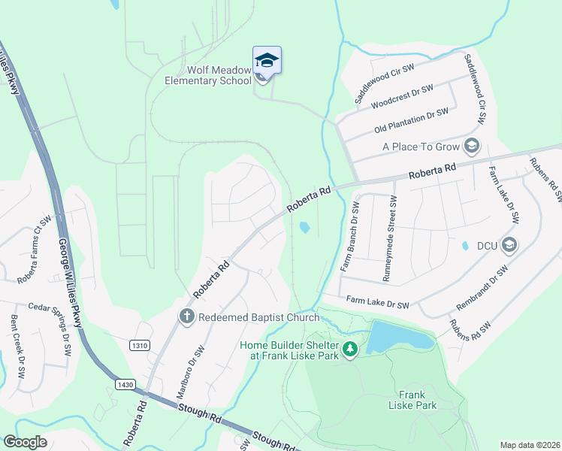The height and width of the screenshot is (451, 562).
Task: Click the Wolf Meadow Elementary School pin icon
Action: [x=267, y=59]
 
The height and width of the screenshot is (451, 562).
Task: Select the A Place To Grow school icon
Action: [x=473, y=145]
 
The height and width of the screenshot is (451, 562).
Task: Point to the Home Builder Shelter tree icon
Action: [x=349, y=350]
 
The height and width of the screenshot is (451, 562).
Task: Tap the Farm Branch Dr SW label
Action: [x=347, y=239]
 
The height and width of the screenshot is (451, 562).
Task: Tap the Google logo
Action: [x=26, y=442]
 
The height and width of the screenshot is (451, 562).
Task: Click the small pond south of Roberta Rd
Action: [x=304, y=227]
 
